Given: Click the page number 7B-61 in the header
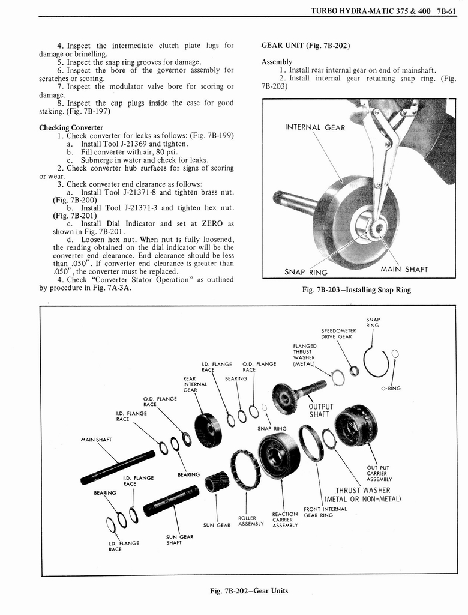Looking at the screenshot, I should pyautogui.click(x=446, y=10).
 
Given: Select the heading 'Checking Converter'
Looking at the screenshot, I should pyautogui.click(x=71, y=127).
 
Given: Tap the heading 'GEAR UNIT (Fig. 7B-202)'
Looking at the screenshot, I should pyautogui.click(x=305, y=46).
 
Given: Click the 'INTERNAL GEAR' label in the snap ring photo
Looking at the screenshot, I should pyautogui.click(x=314, y=127).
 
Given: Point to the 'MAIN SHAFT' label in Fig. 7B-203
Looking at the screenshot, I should pyautogui.click(x=404, y=269).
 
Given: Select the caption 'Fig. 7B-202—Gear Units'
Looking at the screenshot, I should pyautogui.click(x=248, y=590).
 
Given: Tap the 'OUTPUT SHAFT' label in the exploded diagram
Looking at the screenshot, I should pyautogui.click(x=320, y=410).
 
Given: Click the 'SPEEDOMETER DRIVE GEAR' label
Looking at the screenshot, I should pyautogui.click(x=338, y=333).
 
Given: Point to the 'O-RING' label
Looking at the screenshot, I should pyautogui.click(x=390, y=388).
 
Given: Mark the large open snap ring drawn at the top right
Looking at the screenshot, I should pyautogui.click(x=377, y=363).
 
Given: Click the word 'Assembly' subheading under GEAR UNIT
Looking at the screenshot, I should pyautogui.click(x=277, y=62).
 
